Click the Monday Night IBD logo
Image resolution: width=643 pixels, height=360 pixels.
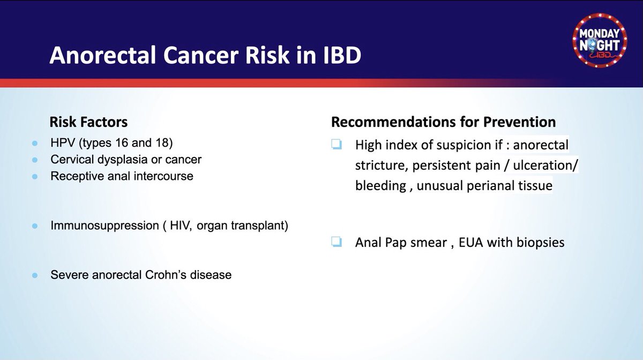pyautogui.click(x=600, y=40)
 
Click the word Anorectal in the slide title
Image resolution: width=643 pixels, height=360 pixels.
pyautogui.click(x=103, y=55)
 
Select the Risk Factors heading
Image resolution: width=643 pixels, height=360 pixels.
pyautogui.click(x=88, y=122)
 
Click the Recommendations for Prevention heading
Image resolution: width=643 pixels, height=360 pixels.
pyautogui.click(x=444, y=122)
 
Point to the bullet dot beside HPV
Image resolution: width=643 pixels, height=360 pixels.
pyautogui.click(x=35, y=143)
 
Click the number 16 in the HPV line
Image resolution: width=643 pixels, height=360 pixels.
pyautogui.click(x=122, y=142)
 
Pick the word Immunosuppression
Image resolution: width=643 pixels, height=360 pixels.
pyautogui.click(x=105, y=226)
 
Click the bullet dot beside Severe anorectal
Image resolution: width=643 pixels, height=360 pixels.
pyautogui.click(x=35, y=275)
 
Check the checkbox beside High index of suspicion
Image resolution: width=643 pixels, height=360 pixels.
pyautogui.click(x=337, y=144)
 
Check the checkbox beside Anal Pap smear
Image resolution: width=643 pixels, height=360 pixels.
pyautogui.click(x=337, y=242)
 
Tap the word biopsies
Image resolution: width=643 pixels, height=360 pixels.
pyautogui.click(x=541, y=243)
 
